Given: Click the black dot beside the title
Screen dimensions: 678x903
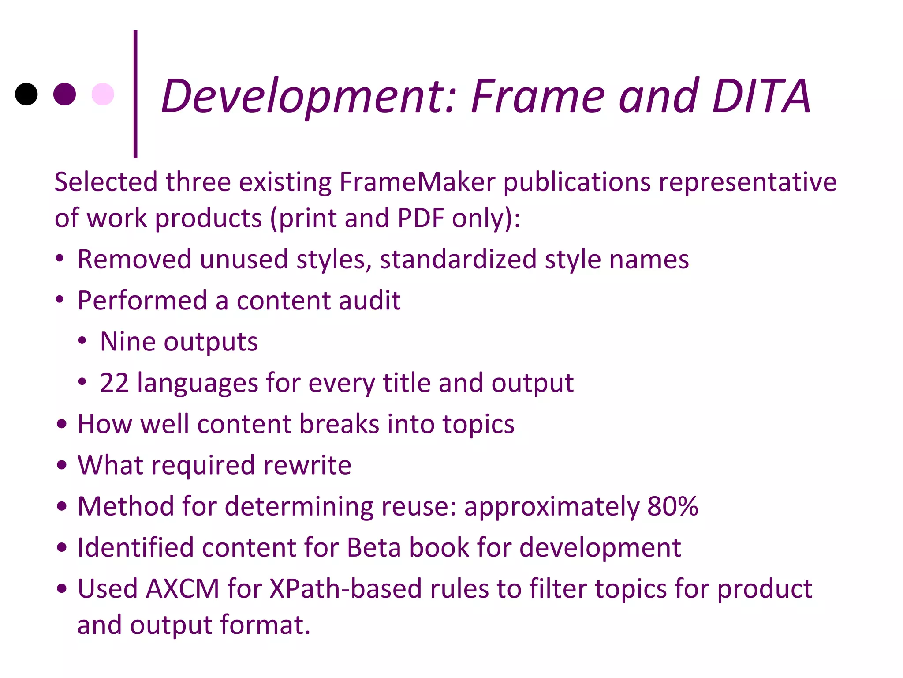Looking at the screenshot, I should pyautogui.click(x=26, y=94).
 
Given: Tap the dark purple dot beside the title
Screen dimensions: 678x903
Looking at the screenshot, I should pyautogui.click(x=64, y=94).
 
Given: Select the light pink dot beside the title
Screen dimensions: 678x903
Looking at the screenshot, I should pyautogui.click(x=103, y=94).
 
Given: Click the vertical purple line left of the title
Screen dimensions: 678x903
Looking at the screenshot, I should pyautogui.click(x=135, y=94).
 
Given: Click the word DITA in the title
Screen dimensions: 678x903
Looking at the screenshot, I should pyautogui.click(x=761, y=96).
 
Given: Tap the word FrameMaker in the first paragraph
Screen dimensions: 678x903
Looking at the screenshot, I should pyautogui.click(x=417, y=182).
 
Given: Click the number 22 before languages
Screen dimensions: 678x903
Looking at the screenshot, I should pyautogui.click(x=114, y=383).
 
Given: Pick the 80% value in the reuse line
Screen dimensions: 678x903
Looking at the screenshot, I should pyautogui.click(x=673, y=506).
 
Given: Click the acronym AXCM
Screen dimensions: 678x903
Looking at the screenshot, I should pyautogui.click(x=183, y=588).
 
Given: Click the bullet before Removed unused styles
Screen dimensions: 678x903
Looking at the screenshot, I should pyautogui.click(x=60, y=259).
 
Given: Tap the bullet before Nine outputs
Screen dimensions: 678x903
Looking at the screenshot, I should pyautogui.click(x=82, y=341).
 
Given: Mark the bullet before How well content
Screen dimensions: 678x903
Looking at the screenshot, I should pyautogui.click(x=62, y=424).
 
